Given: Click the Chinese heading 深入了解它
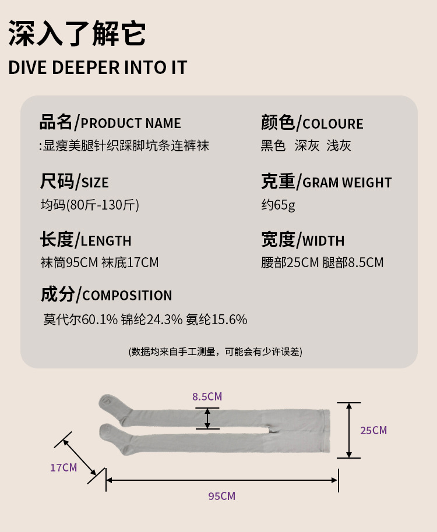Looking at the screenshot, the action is click(x=77, y=34).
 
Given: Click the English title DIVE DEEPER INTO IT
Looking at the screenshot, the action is click(x=97, y=68).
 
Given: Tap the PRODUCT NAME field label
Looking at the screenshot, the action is click(x=110, y=123).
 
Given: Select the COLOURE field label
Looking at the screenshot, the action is click(x=312, y=123).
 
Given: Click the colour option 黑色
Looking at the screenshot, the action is click(x=273, y=146).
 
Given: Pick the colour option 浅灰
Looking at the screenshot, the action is click(x=339, y=146).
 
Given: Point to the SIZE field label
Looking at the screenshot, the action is click(x=74, y=182).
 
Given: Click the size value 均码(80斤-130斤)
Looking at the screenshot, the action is click(x=90, y=205).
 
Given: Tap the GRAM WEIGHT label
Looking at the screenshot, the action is click(x=326, y=182).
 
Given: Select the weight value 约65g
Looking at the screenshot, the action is click(x=278, y=205).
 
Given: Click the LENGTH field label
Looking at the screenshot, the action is click(x=86, y=240).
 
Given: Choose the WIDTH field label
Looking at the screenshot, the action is click(x=302, y=240).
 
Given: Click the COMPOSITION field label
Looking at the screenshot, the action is click(x=106, y=295).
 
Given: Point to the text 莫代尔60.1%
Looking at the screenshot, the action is click(x=80, y=320).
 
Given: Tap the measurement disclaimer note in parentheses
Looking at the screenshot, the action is click(x=216, y=352).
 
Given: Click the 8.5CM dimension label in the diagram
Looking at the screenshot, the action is click(x=207, y=397).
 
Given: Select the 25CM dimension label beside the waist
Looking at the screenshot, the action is click(x=373, y=431).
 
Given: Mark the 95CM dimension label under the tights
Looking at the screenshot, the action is click(x=222, y=496).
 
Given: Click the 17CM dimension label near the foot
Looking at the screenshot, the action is click(x=64, y=467).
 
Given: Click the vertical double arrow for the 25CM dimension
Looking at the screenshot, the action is click(x=348, y=430).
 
